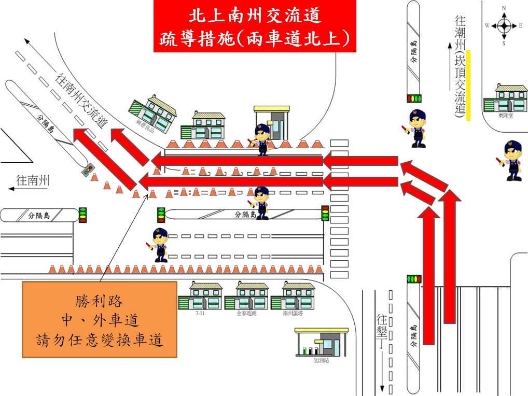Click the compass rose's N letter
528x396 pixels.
pos(504,8)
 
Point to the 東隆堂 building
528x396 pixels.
pos(504,98)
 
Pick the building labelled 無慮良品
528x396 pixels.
pos(154,112)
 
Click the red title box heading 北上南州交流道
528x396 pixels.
pos(255,26)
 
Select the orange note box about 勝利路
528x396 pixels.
pos(100,319)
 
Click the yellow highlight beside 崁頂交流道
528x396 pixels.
pos(468,85)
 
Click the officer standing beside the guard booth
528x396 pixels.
pos(262,139)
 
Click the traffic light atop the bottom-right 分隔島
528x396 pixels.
pos(414,279)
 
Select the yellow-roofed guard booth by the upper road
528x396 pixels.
pos(271,122)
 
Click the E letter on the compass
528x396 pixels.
pos(520,25)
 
